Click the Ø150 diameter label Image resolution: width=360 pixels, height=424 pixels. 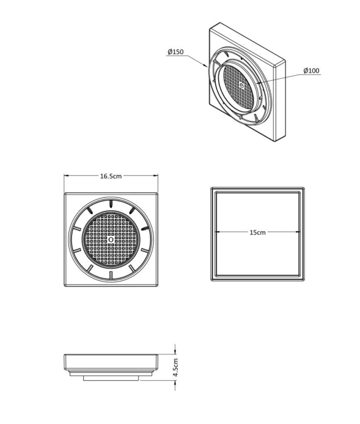[x=175, y=52]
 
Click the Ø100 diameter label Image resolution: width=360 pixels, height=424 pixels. [x=311, y=71]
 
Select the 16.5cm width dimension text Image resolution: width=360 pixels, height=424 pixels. [x=111, y=177]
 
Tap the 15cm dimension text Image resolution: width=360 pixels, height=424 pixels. [x=258, y=232]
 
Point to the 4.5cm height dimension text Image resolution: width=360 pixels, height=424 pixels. [x=175, y=367]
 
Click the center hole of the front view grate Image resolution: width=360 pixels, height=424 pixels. [x=111, y=240]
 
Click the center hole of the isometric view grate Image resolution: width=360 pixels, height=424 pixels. [x=241, y=85]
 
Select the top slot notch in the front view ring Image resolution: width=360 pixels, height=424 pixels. [x=111, y=204]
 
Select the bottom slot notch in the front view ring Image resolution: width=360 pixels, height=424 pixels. [x=111, y=275]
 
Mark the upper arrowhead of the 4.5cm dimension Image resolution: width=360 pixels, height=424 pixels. [x=175, y=351]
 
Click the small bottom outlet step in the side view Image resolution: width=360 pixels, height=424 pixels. [x=111, y=378]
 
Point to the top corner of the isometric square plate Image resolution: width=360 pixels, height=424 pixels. [x=220, y=22]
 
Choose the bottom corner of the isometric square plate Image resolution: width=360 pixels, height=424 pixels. [x=275, y=141]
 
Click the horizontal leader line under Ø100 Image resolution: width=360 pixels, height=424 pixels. [x=311, y=75]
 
